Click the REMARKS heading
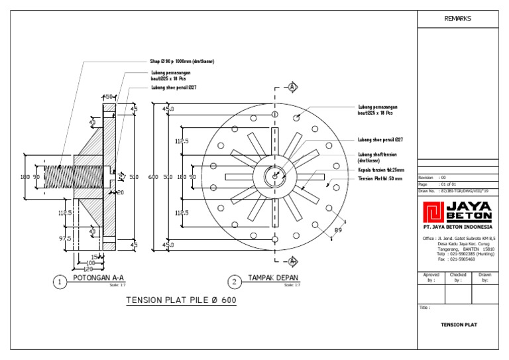pos(457,19)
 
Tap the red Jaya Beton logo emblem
pos(434,212)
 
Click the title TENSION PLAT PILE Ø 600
pos(181,300)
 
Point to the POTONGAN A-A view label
pos(98,278)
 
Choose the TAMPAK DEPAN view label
pos(272,278)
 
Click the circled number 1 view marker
pos(60,282)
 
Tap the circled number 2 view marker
pos(235,282)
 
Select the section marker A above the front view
pos(292,88)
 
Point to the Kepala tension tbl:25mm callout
pos(380,170)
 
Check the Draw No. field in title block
pos(457,190)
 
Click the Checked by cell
pos(457,277)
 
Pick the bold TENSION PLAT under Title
pos(459,325)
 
